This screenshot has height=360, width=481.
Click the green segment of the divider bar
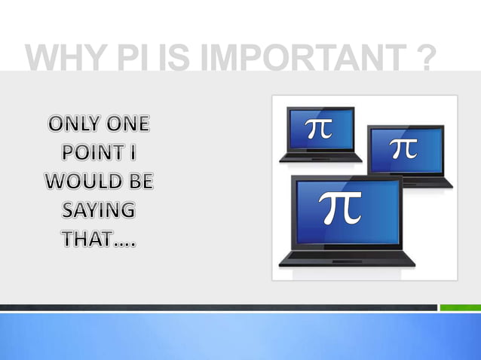pyautogui.click(x=460, y=307)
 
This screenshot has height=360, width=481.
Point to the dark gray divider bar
pyautogui.click(x=219, y=307)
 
